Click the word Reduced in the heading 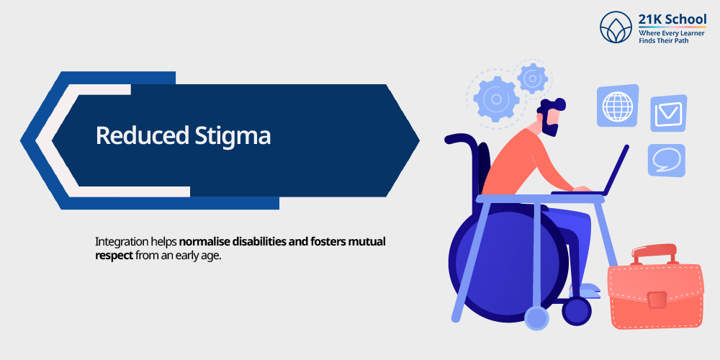pos(141,136)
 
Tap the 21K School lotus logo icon pos(616,27)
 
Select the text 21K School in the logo pos(672,19)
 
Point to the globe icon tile pos(618,106)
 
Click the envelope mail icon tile pos(669,114)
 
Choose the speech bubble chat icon pos(666,161)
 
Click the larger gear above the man pos(496,99)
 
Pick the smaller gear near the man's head pos(532,78)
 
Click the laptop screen pos(616,170)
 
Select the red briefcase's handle pos(654,254)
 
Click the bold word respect pos(114,256)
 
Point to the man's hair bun pos(559,104)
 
